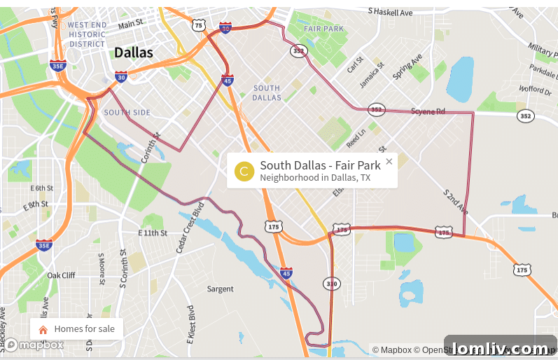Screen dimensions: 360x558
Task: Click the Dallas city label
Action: pos(133,52)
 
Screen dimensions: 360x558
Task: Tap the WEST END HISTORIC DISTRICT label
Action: pos(87,34)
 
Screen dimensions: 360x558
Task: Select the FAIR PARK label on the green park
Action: pos(324,29)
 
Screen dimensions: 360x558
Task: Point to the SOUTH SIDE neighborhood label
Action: pos(127,112)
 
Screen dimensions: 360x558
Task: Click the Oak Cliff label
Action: pos(61,275)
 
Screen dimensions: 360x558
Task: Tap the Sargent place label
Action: pos(220,289)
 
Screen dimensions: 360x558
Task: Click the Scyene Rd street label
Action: pos(428,111)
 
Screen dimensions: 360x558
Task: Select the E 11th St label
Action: pos(153,233)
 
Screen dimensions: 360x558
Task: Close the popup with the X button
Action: pos(389,161)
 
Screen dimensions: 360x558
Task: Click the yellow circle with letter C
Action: pos(244,171)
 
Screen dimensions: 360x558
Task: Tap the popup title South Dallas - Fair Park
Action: pos(320,165)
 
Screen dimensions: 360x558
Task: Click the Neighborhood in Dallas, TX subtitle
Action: pos(315,178)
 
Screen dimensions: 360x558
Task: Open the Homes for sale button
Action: pos(77,328)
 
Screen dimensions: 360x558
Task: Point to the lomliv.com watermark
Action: pos(500,348)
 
